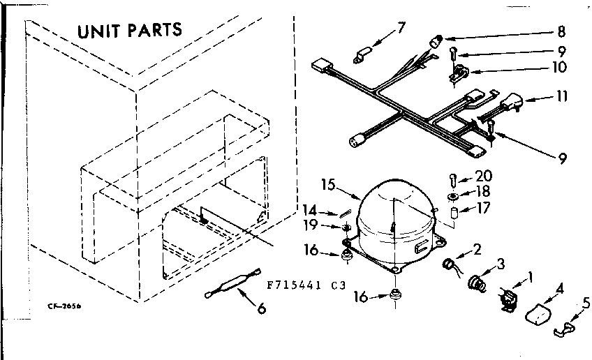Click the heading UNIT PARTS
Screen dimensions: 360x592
tap(129, 30)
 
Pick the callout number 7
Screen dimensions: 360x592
tap(401, 28)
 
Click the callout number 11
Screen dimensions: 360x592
tap(561, 97)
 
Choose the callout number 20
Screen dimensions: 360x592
tap(482, 176)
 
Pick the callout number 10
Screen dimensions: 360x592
tap(560, 68)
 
